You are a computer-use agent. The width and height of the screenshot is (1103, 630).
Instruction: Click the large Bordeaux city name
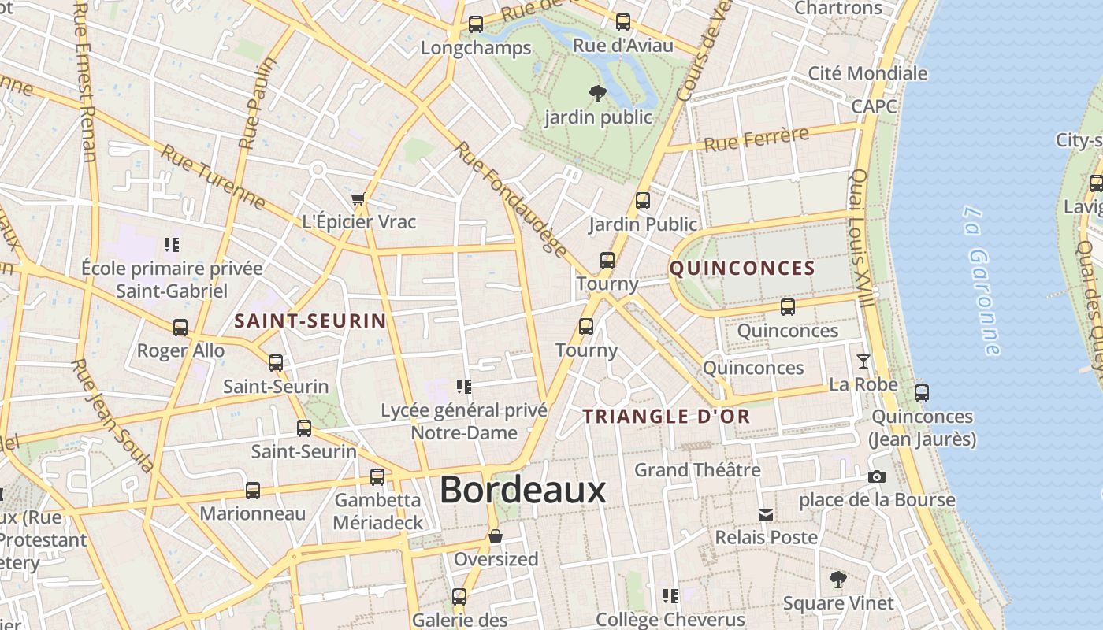coord(522,490)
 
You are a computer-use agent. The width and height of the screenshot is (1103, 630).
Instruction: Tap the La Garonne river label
coord(982,280)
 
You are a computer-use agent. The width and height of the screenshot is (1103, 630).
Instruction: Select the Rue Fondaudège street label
coord(511,200)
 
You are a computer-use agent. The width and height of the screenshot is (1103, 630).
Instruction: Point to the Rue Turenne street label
coord(213,176)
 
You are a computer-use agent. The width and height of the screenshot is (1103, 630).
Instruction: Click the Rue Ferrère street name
coord(756,139)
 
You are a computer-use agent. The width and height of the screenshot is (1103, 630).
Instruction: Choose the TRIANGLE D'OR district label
coord(667,417)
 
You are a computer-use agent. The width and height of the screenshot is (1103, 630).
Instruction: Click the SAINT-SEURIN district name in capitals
coord(310,321)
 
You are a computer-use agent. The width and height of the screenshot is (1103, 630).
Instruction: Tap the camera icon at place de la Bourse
coord(876,477)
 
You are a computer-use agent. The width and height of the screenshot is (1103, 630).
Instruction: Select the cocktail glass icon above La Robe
coord(863,361)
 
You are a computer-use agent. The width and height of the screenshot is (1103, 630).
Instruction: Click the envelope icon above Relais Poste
coord(766,516)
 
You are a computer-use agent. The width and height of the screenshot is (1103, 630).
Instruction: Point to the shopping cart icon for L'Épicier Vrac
coord(358,199)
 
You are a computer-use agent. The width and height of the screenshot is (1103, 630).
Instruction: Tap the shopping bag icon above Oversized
coord(496,537)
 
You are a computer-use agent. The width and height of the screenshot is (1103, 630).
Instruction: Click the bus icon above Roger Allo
coord(180,328)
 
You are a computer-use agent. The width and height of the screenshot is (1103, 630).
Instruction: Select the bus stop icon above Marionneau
coord(253,491)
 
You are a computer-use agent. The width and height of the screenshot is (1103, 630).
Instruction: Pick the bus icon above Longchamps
coord(476,24)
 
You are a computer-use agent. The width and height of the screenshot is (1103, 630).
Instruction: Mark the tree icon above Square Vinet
coord(838,580)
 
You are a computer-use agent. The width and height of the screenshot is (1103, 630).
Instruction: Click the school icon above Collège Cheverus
coord(670,596)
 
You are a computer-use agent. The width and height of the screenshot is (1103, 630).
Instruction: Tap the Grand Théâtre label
coord(697,470)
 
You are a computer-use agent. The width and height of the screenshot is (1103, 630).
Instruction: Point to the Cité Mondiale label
coord(867,73)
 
